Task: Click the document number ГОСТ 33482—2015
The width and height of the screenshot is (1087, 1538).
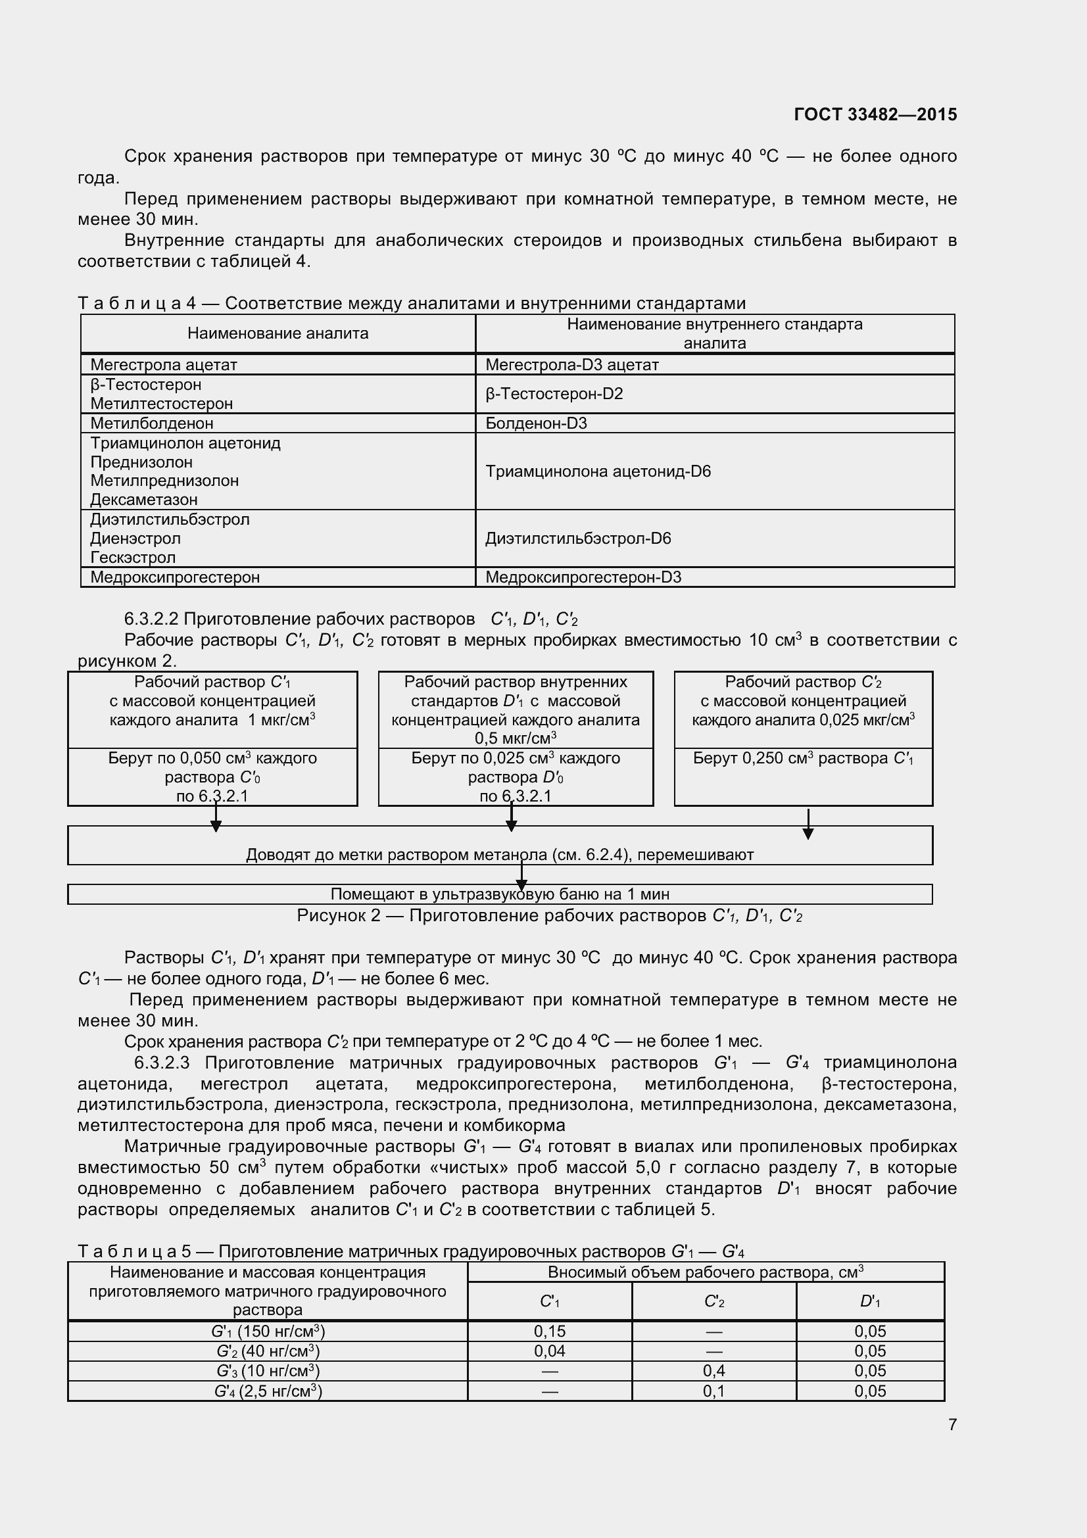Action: point(875,114)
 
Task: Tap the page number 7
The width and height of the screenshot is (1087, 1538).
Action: point(952,1425)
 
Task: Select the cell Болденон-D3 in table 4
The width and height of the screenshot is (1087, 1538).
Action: point(536,423)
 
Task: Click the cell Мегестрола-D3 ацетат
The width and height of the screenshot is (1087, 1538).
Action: point(571,365)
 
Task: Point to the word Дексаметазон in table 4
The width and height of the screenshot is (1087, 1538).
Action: point(144,500)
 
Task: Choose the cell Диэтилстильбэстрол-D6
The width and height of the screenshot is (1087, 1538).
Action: point(577,539)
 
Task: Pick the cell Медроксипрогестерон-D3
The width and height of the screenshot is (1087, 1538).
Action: point(583,577)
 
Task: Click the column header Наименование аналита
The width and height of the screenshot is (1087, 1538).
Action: point(278,333)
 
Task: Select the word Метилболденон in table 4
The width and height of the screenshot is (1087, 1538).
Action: point(151,423)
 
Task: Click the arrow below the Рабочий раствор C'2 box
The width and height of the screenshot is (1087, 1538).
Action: point(808,825)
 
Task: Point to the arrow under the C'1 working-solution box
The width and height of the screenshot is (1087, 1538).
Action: point(216,819)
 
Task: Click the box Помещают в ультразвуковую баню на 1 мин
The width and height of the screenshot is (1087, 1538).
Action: point(500,894)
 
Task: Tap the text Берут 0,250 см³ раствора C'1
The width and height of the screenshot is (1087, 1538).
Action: point(802,759)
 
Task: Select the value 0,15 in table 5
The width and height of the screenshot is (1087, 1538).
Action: point(549,1332)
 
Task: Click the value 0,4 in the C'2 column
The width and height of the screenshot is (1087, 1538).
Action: point(713,1371)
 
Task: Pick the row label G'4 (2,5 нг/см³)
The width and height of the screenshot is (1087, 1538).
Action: point(268,1391)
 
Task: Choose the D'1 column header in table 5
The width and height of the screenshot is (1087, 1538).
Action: point(869,1301)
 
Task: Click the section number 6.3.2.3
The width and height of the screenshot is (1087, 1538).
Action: point(162,1063)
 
